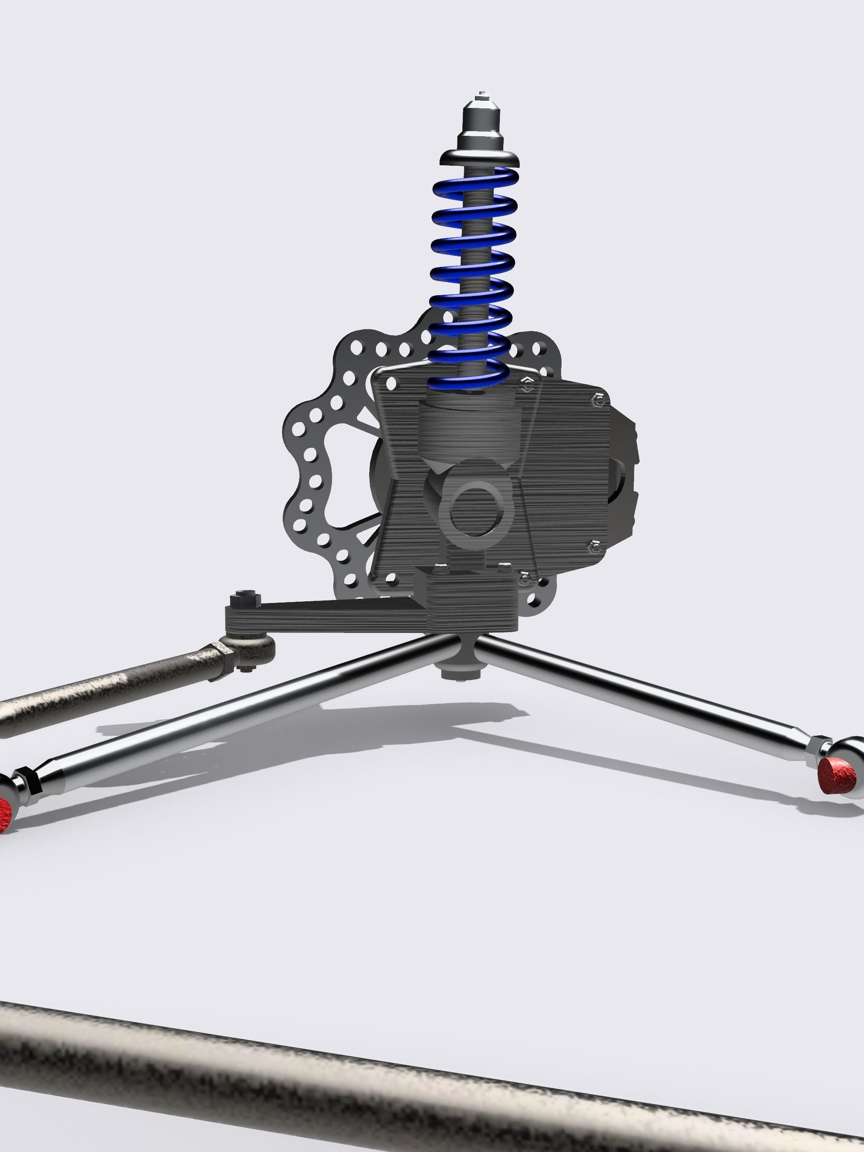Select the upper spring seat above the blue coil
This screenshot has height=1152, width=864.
[x=480, y=158]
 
